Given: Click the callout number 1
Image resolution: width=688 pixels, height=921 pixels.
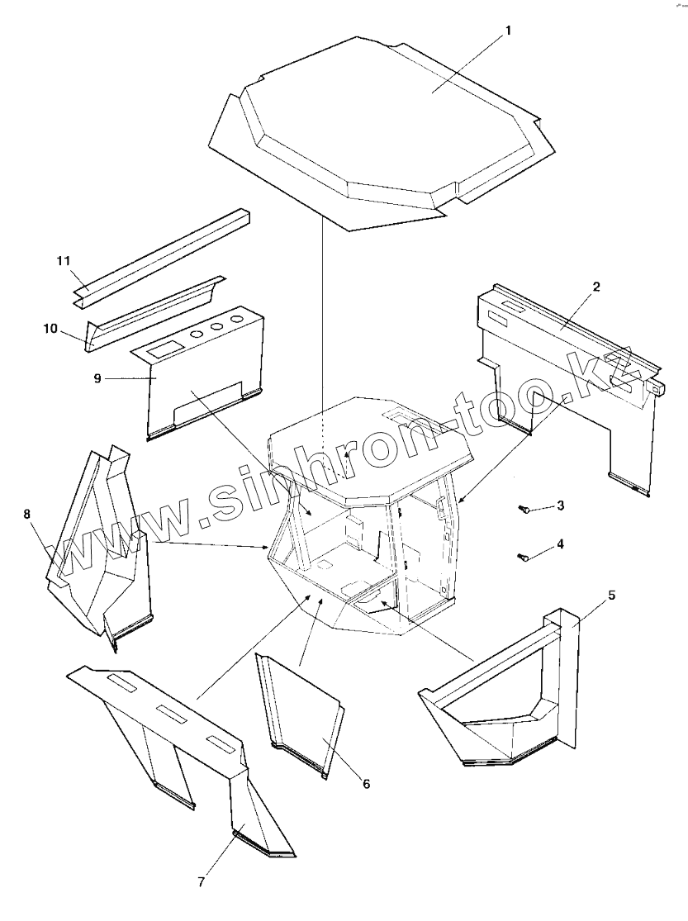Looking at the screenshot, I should pos(509,31).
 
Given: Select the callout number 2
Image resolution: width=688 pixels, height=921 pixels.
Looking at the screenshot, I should pos(596,287).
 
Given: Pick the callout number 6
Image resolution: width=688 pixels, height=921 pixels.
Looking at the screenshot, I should pos(365,783).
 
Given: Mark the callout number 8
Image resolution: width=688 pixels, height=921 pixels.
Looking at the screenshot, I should pos(27,514).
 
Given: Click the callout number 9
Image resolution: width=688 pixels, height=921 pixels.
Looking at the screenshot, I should pos(97,378).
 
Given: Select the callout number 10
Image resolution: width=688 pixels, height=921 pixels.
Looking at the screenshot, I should pos(50,328).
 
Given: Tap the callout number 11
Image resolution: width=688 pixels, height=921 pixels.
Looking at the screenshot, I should pos(64,261).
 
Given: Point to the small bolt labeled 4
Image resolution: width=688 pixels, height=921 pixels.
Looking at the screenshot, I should pos(523,558).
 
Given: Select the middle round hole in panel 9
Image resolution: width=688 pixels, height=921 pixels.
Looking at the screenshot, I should pos(218,326).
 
